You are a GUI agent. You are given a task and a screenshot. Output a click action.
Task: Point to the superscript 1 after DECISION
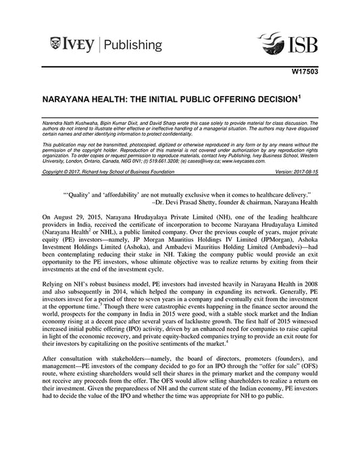[x=299, y=96]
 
